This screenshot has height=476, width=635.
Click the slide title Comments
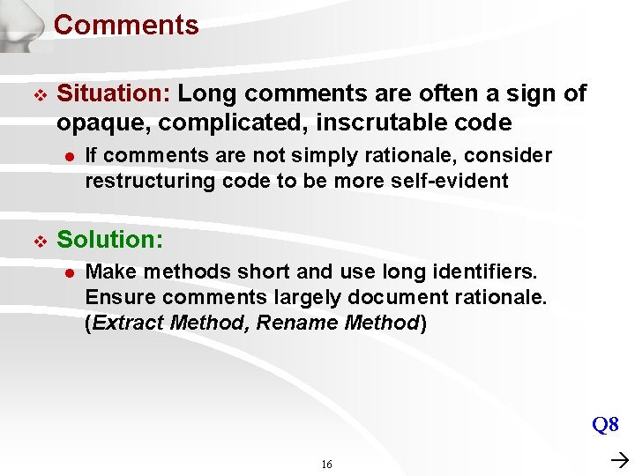coord(126,25)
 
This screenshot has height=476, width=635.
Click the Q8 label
coord(605,425)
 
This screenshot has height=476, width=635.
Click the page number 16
coord(326,465)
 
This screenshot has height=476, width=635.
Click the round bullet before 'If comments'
coord(67,156)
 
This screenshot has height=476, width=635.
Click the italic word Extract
coord(128,322)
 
